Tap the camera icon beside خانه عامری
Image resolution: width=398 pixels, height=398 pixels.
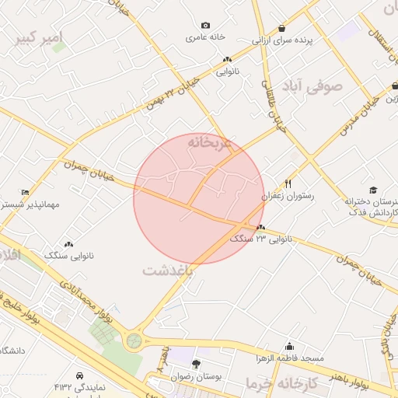205,26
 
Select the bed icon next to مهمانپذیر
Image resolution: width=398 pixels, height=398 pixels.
26,192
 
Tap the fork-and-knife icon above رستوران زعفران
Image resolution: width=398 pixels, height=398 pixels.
288,183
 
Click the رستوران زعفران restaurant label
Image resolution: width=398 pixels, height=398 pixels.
288,197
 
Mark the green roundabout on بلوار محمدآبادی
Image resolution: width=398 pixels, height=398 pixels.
135,340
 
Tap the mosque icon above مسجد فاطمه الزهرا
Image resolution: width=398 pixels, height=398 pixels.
290,347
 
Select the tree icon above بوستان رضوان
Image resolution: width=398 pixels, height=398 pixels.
196,364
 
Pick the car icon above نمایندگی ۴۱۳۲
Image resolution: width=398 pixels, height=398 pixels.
80,374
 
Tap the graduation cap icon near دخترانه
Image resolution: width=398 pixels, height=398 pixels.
373,190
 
